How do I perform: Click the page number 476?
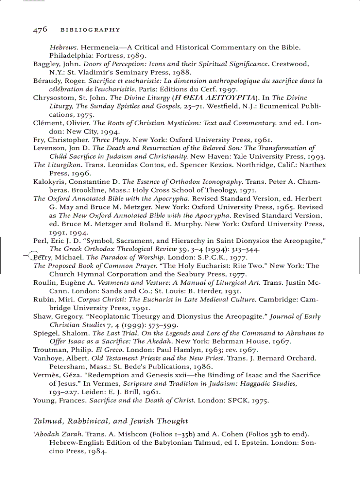(x=40, y=30)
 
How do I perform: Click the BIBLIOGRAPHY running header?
(x=90, y=30)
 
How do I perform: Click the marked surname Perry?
(x=42, y=257)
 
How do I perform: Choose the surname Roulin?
(x=44, y=283)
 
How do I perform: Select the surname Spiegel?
(x=46, y=333)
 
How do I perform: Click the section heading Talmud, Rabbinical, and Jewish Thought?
(x=111, y=421)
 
